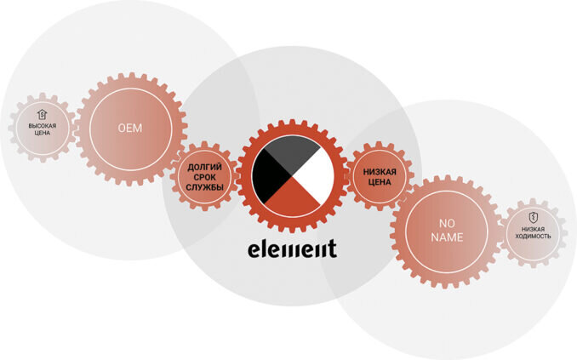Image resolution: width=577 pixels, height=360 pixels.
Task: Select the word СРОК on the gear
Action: click(205, 177)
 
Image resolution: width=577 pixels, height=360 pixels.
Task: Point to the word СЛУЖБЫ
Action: click(205, 187)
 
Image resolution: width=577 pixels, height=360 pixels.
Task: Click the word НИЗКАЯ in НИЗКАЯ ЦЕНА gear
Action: click(380, 171)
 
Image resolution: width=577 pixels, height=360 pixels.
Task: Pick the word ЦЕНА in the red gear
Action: click(380, 182)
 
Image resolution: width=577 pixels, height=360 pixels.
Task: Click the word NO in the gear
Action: click(447, 224)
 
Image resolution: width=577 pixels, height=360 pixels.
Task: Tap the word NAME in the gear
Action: click(447, 237)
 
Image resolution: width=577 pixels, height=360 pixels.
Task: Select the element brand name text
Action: click(292, 249)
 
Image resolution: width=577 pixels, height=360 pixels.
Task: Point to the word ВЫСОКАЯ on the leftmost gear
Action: click(42, 126)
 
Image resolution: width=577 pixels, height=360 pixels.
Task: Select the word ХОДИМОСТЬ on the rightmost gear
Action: click(534, 236)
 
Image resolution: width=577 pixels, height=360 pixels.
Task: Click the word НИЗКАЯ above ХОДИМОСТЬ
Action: click(534, 228)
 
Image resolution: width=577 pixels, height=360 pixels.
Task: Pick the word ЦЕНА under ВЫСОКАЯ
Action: click(42, 134)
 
